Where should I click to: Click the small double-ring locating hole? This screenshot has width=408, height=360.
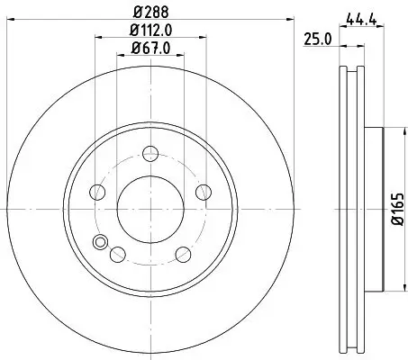[x=101, y=241]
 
